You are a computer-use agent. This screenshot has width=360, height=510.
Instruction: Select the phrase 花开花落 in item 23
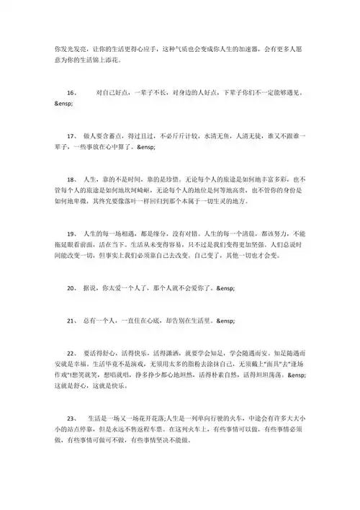click(149, 419)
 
